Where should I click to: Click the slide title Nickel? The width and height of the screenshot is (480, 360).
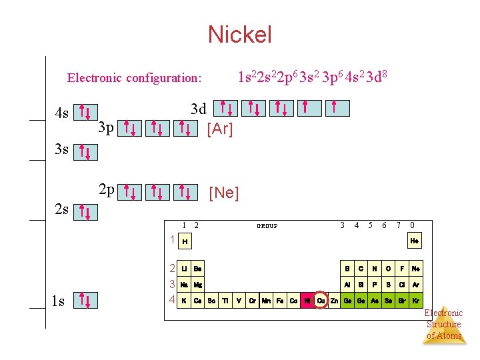pos(239,34)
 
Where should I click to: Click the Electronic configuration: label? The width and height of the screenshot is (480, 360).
pos(134,78)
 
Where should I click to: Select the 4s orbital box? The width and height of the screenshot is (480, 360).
pos(85,113)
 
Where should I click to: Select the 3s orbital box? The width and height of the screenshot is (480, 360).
pos(85,153)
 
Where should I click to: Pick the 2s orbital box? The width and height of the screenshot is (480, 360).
pos(85,212)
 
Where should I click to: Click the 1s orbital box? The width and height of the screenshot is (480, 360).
pos(85,301)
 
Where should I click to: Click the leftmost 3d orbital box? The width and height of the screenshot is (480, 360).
pos(227,107)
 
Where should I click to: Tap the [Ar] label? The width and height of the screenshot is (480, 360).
pos(220,129)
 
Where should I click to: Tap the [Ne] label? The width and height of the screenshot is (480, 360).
pos(223,193)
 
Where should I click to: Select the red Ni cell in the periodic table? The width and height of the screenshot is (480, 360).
pos(307,301)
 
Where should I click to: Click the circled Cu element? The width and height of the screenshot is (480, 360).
pos(321,301)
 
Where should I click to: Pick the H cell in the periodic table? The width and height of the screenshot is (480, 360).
pos(185,241)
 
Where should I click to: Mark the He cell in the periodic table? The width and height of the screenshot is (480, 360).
pos(415,241)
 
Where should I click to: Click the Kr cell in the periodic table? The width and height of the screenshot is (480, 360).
pos(415,301)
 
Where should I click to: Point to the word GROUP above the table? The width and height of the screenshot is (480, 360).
pos(267,226)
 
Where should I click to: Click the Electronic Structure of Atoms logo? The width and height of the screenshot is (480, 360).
pos(444,323)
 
